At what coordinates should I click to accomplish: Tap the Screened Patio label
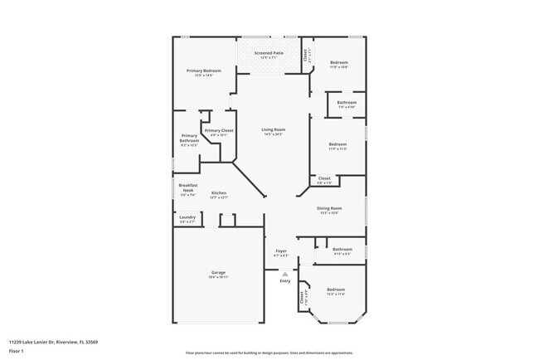pos(269,54)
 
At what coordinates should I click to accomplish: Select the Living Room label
pos(274,130)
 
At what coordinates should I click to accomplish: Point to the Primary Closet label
pos(219,131)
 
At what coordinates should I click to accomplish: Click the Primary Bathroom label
pos(189,138)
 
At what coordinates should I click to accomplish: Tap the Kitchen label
pos(219,193)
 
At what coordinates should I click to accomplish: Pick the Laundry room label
pos(187,219)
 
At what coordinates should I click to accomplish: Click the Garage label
pos(218,272)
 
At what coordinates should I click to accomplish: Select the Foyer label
pos(281,251)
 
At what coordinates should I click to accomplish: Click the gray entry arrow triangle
pos(285,273)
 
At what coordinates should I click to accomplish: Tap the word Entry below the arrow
pos(285,281)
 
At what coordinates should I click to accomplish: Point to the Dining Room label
pos(329,209)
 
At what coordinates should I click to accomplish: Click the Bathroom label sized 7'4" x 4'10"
pos(346,103)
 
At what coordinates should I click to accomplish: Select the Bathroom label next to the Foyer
pos(342,249)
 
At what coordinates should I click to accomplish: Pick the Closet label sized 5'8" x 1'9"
pos(324,178)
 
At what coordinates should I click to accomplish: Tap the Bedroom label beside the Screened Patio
pos(338,63)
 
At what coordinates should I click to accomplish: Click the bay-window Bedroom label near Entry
pos(335,289)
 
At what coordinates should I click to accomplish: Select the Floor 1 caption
pos(16,351)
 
